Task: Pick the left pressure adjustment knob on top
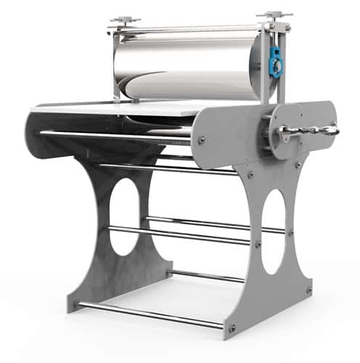point(125,20)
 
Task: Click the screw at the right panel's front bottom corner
point(232,327)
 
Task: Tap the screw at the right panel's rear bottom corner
point(308,289)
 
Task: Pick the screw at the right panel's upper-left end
point(201,139)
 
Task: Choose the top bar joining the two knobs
point(196,28)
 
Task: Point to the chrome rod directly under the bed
point(116,134)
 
